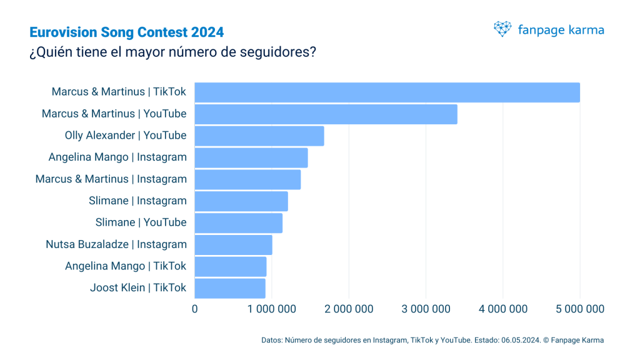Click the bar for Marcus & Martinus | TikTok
pos(387,92)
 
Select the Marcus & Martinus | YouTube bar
pos(326,114)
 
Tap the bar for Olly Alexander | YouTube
pos(259,136)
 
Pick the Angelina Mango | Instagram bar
pos(251,157)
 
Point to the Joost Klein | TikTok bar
pos(230,288)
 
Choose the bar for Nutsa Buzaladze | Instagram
pos(233,245)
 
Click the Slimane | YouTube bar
pos(239,223)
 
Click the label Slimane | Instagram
pos(138,201)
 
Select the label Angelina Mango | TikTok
pos(126,266)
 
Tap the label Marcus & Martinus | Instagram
pos(111,179)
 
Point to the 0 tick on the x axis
pos(195,309)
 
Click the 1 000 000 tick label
pos(272,309)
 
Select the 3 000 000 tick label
pos(426,309)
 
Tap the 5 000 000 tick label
pos(580,309)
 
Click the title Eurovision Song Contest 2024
pos(126,32)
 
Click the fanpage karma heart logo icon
pos(502,29)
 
